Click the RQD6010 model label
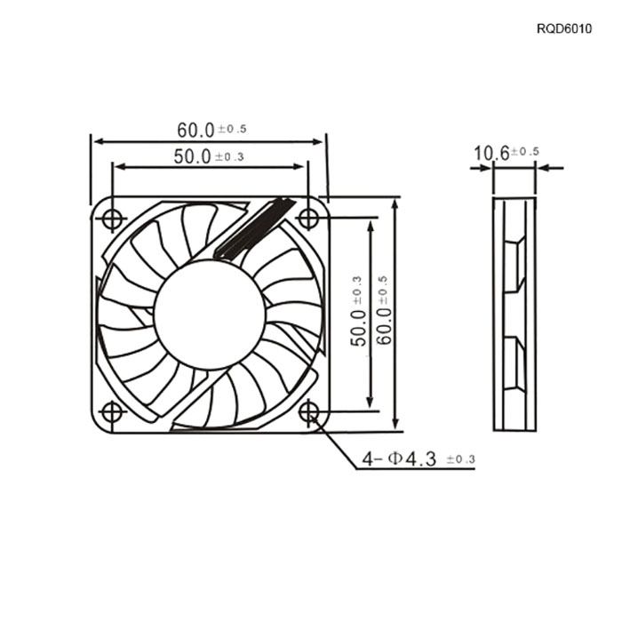563,28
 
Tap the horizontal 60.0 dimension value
195,131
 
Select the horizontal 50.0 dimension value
192,156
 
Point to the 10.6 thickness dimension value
491,154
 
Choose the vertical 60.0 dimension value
384,326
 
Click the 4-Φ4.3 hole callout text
399,459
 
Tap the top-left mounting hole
112,219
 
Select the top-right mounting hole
308,218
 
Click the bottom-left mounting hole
112,412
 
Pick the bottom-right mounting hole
308,411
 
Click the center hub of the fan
210,315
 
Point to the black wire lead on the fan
254,229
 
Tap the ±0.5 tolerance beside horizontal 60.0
232,129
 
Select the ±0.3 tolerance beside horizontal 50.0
229,157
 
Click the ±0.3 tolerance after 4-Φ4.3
460,459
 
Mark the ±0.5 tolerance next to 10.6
525,152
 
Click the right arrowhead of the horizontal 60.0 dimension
318,142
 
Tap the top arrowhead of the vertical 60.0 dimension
395,205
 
